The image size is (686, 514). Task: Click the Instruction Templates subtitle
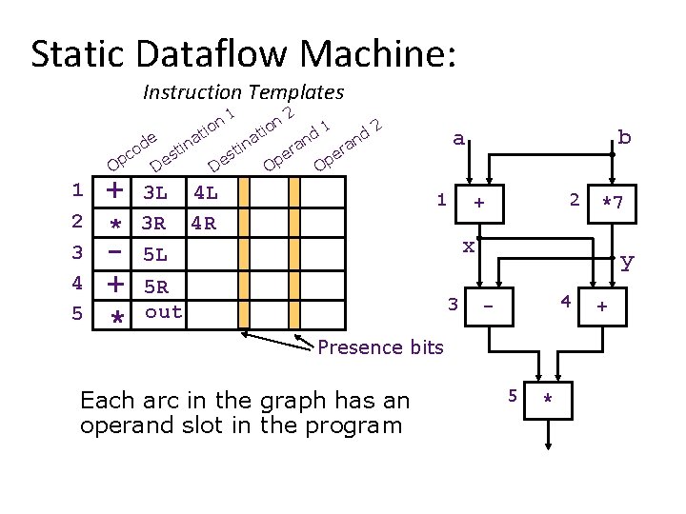pyautogui.click(x=243, y=92)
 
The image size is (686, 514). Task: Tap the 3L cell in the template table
pyautogui.click(x=154, y=193)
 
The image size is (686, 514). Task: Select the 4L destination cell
pyautogui.click(x=205, y=193)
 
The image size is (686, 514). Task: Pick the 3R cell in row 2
pyautogui.click(x=154, y=225)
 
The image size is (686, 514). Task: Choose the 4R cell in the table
pyautogui.click(x=205, y=225)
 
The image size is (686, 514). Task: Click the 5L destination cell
pyautogui.click(x=154, y=255)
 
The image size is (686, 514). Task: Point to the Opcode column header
pyautogui.click(x=130, y=148)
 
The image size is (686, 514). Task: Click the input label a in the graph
pyautogui.click(x=458, y=139)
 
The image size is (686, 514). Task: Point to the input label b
pyautogui.click(x=623, y=137)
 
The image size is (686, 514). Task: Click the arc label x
pyautogui.click(x=468, y=247)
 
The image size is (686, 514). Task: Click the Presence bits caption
pyautogui.click(x=380, y=347)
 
